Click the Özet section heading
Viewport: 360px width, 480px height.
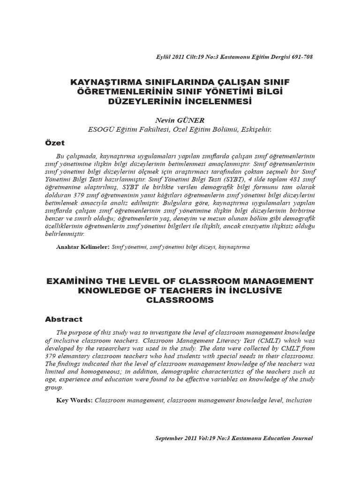pyautogui.click(x=55, y=142)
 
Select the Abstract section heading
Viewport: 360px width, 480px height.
pyautogui.click(x=64, y=319)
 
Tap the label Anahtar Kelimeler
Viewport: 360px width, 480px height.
pyautogui.click(x=82, y=247)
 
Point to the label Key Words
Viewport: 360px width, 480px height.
pyautogui.click(x=75, y=401)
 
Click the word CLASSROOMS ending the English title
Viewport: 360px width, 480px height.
pyautogui.click(x=180, y=300)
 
